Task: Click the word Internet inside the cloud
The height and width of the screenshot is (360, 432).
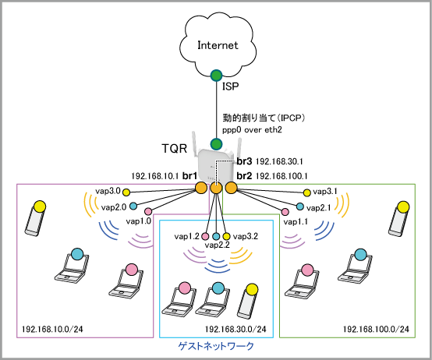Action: point(218,45)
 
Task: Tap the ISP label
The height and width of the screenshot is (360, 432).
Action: point(230,86)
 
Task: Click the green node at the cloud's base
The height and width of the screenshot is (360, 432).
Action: point(216,76)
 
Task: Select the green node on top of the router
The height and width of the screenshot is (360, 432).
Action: point(216,143)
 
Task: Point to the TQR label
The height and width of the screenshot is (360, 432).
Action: point(175,149)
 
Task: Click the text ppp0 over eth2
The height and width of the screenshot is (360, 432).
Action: point(252,129)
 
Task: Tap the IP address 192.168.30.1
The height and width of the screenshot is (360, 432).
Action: point(279,161)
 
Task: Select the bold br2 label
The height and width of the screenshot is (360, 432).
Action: point(244,175)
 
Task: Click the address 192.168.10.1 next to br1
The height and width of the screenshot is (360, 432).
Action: point(155,176)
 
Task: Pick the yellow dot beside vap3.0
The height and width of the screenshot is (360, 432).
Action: point(126,192)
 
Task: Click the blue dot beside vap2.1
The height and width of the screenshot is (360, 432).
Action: point(300,206)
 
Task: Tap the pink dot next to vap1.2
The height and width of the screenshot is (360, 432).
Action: point(205,236)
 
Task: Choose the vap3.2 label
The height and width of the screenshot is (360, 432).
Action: point(246,236)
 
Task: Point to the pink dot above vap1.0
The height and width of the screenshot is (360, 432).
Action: point(148,211)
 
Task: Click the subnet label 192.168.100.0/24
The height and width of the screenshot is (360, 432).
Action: point(376,329)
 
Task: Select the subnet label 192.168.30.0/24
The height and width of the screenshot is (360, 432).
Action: point(235,329)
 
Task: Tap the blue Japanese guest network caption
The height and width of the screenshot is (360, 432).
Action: point(216,346)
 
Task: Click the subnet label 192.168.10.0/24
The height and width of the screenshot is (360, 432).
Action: point(52,329)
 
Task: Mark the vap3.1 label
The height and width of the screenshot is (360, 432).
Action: point(325,192)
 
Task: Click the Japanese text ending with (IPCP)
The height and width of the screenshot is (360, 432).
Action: point(264,118)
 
